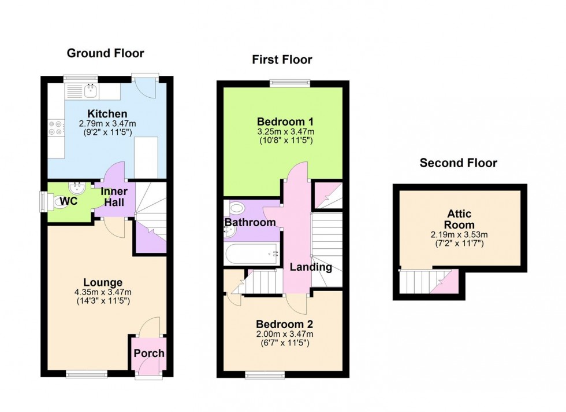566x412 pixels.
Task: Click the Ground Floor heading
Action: pyautogui.click(x=105, y=53)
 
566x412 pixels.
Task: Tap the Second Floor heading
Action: pyautogui.click(x=458, y=163)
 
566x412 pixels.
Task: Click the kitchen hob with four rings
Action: pyautogui.click(x=56, y=128)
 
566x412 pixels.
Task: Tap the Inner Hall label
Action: pyautogui.click(x=114, y=197)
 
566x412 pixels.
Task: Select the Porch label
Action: pyautogui.click(x=149, y=353)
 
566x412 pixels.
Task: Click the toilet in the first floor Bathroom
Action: pyautogui.click(x=236, y=208)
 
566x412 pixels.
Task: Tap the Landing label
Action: pyautogui.click(x=311, y=267)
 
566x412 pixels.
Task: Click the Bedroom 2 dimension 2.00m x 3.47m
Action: pyautogui.click(x=285, y=334)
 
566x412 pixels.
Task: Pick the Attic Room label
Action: pyautogui.click(x=460, y=220)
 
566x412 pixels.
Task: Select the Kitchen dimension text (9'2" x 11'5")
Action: pyautogui.click(x=107, y=133)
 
